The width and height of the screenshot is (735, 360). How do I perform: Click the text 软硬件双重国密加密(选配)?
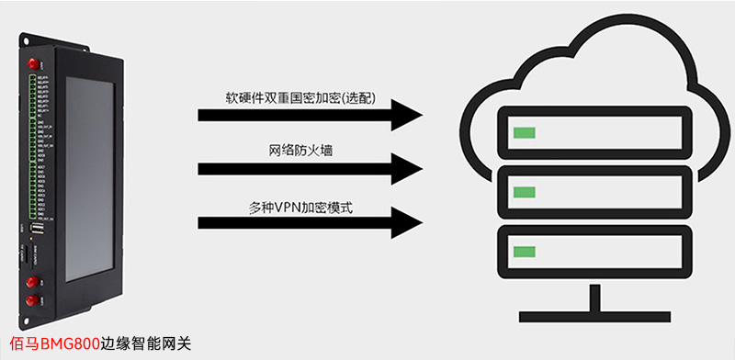click(300, 98)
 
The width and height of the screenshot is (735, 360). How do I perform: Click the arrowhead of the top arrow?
click(404, 116)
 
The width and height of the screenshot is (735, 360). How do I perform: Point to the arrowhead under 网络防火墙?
click(404, 169)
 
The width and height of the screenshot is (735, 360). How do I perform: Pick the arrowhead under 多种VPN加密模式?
click(404, 221)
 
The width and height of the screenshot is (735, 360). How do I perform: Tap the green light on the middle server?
click(524, 191)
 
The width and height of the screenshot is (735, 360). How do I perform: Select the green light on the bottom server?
click(524, 251)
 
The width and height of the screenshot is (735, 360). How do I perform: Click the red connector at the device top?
click(33, 63)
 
